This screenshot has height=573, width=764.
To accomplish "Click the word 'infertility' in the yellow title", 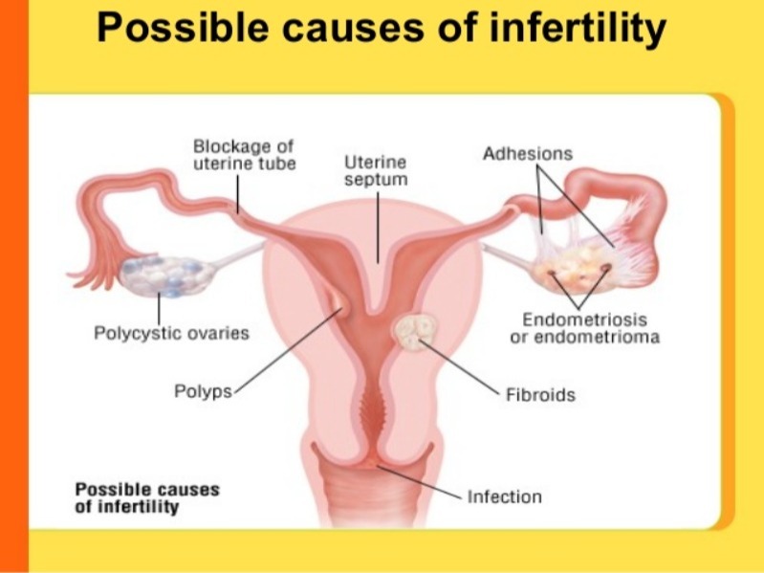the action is point(578,27).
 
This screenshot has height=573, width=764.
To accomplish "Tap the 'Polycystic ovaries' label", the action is point(171,333).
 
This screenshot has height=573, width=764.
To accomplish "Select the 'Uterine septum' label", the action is point(376,170).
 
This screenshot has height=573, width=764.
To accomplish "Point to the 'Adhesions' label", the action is point(528,153).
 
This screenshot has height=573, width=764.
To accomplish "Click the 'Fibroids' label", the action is point(541,395).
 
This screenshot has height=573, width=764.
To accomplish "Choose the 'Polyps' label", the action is point(203,391).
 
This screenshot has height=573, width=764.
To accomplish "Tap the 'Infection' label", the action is point(504,496).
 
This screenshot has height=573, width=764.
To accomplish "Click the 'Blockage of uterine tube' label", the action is point(244,154).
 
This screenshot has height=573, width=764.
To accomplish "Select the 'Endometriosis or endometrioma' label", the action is point(584,328).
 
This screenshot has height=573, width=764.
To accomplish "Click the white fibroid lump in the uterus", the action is point(415,332).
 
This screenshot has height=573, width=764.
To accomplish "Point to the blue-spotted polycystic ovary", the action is point(165,275).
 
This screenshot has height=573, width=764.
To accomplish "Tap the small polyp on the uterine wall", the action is point(338,302).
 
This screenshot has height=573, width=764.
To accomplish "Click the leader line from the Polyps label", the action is point(288,350).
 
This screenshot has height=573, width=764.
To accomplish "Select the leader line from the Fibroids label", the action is point(460,367).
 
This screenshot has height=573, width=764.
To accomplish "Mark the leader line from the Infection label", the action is point(419,482).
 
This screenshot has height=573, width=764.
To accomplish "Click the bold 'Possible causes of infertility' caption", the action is point(147,498).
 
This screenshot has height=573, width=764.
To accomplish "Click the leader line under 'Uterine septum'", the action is point(378,227).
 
